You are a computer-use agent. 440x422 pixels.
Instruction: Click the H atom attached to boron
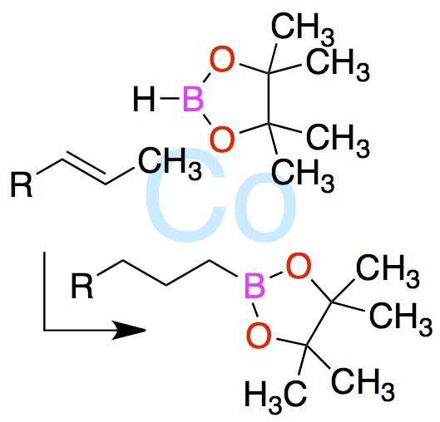(x=144, y=99)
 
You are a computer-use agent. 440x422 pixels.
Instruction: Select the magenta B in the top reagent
(x=193, y=99)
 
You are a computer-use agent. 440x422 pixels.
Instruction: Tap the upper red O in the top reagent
(x=222, y=59)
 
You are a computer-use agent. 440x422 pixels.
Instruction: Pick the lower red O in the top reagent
(x=222, y=139)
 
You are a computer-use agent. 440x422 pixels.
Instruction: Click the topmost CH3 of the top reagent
(x=303, y=29)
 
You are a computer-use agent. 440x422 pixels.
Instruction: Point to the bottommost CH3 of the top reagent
(x=303, y=175)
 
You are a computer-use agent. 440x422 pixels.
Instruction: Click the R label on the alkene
(x=22, y=184)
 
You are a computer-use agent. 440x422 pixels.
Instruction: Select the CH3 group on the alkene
(x=170, y=163)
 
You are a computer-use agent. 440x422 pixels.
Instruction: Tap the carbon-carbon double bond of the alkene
(x=85, y=168)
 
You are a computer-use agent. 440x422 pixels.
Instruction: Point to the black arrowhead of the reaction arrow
(x=129, y=330)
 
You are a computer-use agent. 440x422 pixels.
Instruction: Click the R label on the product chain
(x=82, y=286)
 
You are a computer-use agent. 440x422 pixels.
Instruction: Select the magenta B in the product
(x=255, y=286)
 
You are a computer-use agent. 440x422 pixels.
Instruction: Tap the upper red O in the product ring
(x=299, y=266)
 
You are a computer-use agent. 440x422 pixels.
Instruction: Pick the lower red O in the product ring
(x=259, y=335)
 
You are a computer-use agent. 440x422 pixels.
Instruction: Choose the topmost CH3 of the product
(x=388, y=272)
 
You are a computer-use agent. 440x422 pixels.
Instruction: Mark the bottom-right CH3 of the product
(x=363, y=385)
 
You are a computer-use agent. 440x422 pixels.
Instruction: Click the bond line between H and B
(x=170, y=98)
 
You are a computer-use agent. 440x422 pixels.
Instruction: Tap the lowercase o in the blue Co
(x=265, y=207)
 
